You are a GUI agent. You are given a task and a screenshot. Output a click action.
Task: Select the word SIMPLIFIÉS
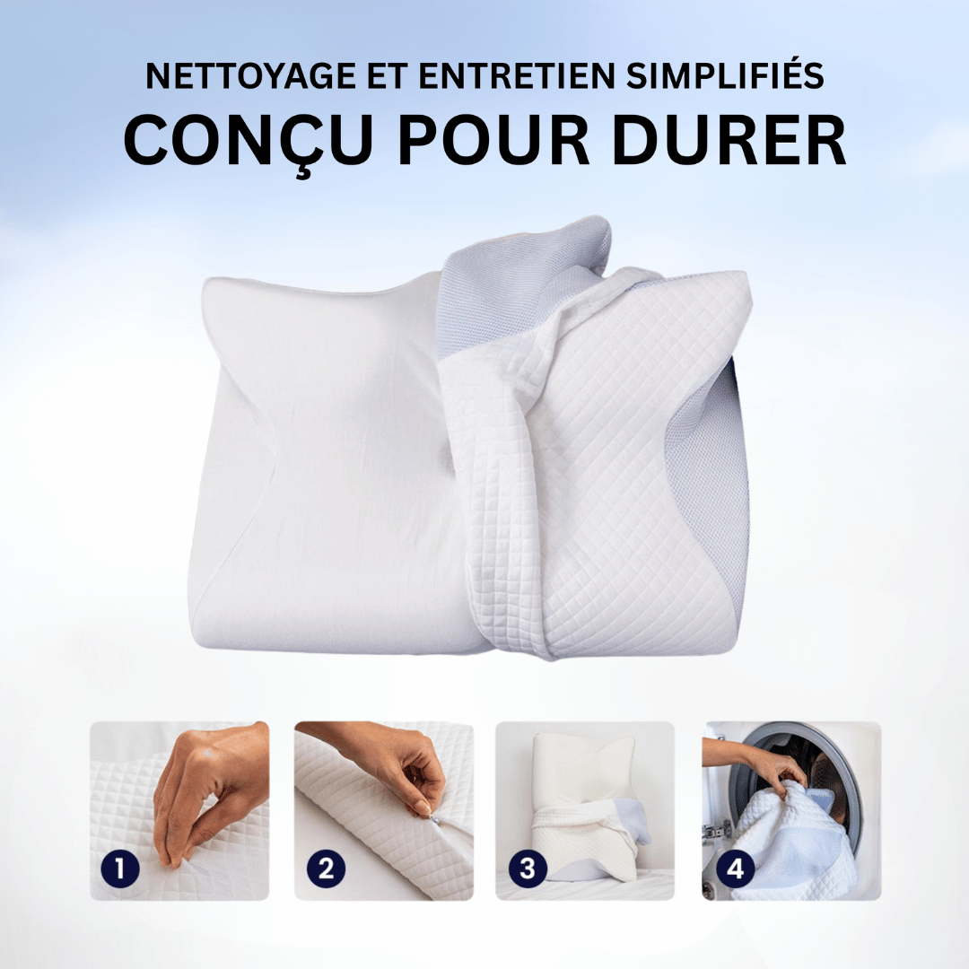(x=725, y=76)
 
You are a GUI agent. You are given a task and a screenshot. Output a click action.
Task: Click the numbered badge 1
(x=120, y=869)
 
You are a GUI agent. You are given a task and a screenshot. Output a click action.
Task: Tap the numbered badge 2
(x=326, y=869)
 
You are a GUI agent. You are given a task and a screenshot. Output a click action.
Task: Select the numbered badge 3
(x=528, y=869)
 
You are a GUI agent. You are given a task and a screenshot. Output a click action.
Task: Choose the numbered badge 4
(x=734, y=869)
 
